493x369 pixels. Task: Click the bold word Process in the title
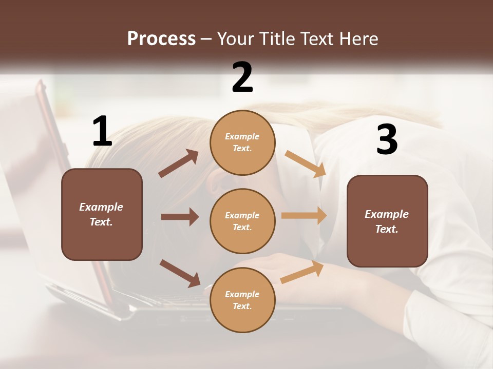[161, 39]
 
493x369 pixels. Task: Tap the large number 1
[102, 131]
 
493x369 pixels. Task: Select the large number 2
[242, 77]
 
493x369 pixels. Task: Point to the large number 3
[387, 139]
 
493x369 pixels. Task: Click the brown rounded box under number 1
[102, 214]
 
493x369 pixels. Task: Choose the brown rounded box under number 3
[387, 221]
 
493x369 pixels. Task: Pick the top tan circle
[242, 142]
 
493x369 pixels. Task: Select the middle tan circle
[242, 221]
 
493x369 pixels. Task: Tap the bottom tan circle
[242, 300]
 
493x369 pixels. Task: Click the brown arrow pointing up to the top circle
[179, 163]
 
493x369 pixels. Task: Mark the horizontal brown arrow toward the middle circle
[180, 217]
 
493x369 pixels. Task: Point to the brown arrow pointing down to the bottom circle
[180, 273]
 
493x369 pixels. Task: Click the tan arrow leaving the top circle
[305, 164]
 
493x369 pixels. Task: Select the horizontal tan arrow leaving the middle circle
[304, 216]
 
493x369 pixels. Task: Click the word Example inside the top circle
[242, 136]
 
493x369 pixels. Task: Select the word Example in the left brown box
[101, 207]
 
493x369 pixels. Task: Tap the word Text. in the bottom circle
[242, 306]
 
